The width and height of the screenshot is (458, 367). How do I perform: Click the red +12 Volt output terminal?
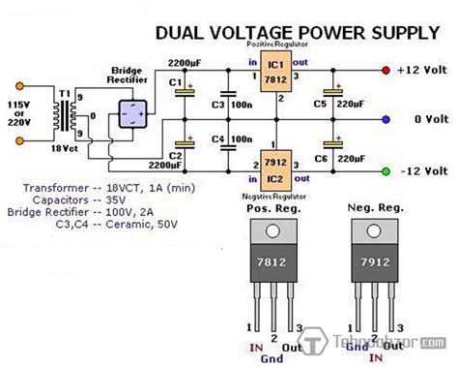pyautogui.click(x=386, y=71)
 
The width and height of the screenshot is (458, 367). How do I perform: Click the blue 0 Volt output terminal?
pyautogui.click(x=386, y=121)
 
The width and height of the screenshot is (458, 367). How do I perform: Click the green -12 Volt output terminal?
pyautogui.click(x=386, y=171)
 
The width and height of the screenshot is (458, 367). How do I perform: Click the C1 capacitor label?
pyautogui.click(x=176, y=82)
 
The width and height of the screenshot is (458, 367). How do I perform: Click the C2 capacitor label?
pyautogui.click(x=176, y=154)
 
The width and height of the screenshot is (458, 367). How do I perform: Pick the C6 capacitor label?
pyautogui.click(x=320, y=156)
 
